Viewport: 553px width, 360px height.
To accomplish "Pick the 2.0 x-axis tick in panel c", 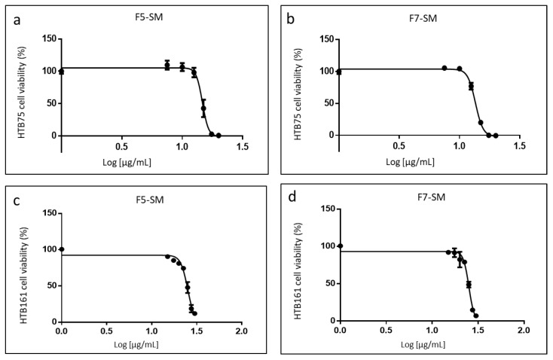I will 240,331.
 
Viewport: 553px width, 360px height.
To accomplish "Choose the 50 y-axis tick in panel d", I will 330,284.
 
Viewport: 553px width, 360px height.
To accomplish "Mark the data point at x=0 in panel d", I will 341,246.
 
